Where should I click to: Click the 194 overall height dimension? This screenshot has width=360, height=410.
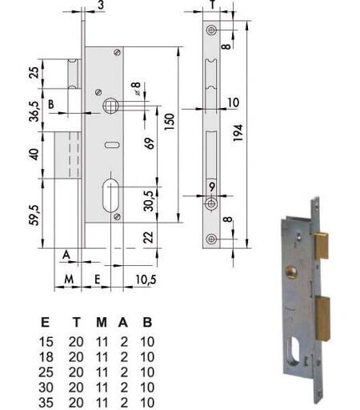click(x=238, y=133)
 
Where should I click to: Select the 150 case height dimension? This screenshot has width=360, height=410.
click(x=170, y=122)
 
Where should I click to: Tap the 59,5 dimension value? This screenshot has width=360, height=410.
click(x=35, y=215)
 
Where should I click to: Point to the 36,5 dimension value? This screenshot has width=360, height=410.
click(x=34, y=111)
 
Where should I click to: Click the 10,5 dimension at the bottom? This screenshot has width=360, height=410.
click(x=146, y=279)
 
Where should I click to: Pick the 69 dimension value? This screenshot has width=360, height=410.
click(x=150, y=143)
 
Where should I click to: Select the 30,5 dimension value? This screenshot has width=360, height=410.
click(x=149, y=201)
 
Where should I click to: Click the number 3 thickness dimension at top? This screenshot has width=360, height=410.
click(x=101, y=5)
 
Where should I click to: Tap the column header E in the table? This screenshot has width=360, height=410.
click(x=45, y=323)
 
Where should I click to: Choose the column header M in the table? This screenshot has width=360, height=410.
click(x=102, y=323)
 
